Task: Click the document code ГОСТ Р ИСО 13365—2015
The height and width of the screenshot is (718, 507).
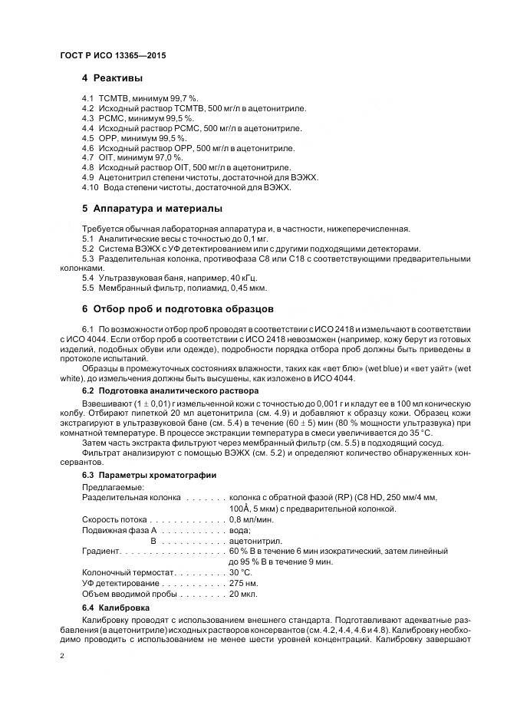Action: click(x=113, y=57)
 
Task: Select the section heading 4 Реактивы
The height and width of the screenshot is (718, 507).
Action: click(x=112, y=79)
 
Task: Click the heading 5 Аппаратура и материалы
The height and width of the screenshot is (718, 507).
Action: click(x=152, y=209)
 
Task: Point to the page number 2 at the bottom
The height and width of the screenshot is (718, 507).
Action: click(x=61, y=656)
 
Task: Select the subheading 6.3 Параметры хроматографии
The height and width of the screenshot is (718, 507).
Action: click(x=149, y=476)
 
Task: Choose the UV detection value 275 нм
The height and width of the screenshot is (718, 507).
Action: click(x=243, y=583)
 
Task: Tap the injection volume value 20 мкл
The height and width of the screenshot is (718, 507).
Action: click(x=243, y=594)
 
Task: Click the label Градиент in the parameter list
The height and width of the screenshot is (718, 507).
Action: click(x=101, y=551)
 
